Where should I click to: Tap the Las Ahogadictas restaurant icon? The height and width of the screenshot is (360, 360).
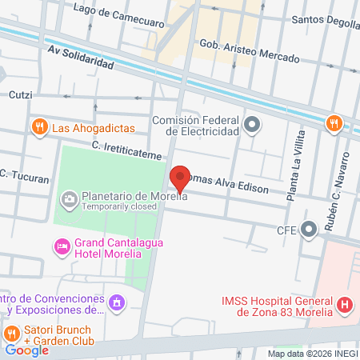38,126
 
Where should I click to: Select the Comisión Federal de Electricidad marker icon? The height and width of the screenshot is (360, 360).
253,124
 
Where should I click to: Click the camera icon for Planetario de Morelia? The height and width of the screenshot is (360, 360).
70,198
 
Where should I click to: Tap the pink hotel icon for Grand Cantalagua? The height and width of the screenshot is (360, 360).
61,246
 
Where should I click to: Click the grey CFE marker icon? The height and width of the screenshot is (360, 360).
309,228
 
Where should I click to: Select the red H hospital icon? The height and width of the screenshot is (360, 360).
345,304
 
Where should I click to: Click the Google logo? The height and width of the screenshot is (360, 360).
26,350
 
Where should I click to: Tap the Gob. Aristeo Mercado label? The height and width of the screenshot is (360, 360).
249,52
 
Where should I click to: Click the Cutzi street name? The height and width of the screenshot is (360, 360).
20,95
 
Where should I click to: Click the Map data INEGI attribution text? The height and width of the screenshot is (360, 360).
312,353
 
